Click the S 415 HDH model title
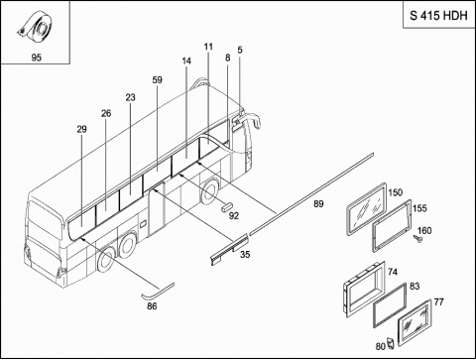[x=438, y=15]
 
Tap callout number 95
[x=37, y=58]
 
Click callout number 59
[x=158, y=80]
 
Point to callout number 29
[x=81, y=129]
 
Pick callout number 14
[x=186, y=61]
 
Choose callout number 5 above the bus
[x=240, y=50]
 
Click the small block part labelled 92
[x=226, y=207]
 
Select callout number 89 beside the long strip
[x=318, y=204]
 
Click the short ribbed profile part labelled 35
[x=229, y=250]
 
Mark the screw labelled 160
[x=418, y=239]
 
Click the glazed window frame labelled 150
[x=366, y=208]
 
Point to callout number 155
[x=419, y=208]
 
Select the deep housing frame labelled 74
[x=364, y=290]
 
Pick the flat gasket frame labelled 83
[x=390, y=304]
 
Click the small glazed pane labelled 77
[x=415, y=322]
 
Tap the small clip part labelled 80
[x=391, y=343]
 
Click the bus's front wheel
[x=210, y=192]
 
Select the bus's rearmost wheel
[x=106, y=261]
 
